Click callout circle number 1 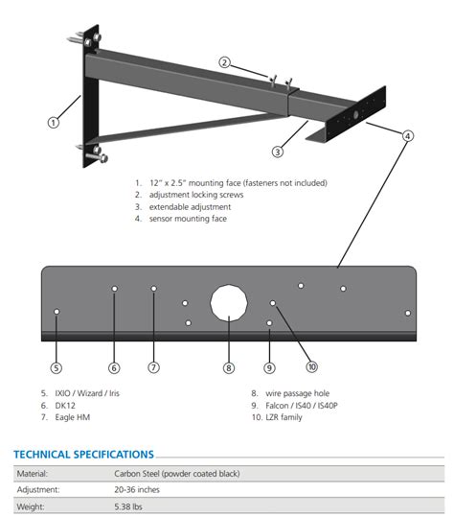click(x=54, y=122)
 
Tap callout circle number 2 click(x=224, y=62)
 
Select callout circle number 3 click(x=278, y=151)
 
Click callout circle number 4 click(x=407, y=136)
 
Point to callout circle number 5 click(x=57, y=366)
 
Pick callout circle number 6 click(x=114, y=366)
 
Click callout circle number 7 click(x=153, y=366)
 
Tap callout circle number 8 click(x=228, y=366)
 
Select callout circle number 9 click(x=269, y=366)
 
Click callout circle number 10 click(x=311, y=365)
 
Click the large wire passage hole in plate click(x=229, y=304)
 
